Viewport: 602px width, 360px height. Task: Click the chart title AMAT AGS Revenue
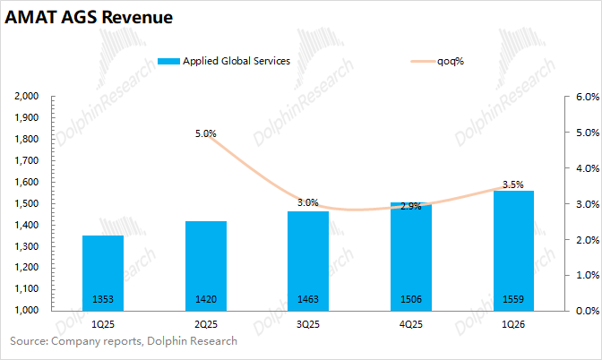coord(90,18)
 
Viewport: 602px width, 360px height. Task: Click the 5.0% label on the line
coord(205,133)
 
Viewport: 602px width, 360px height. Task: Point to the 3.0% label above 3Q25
coord(308,202)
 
